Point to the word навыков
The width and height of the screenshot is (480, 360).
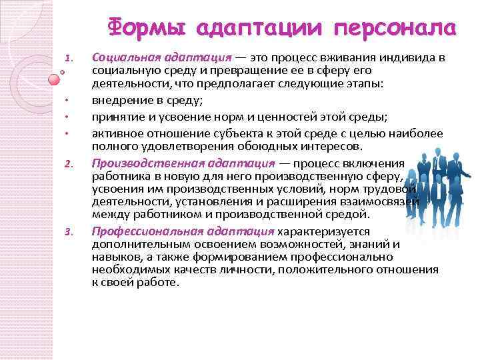point(114,257)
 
